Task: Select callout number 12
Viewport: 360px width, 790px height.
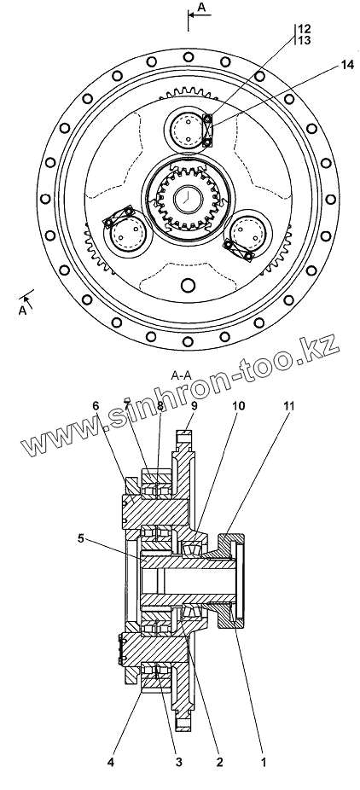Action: coord(305,28)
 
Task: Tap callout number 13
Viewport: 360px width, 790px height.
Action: coord(305,40)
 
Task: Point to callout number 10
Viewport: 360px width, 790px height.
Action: coord(239,406)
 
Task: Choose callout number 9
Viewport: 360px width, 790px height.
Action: coord(194,406)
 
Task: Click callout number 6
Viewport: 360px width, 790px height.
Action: coord(96,406)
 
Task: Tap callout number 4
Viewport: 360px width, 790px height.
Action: coord(111,763)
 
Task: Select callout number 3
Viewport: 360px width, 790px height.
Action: coord(179,763)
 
